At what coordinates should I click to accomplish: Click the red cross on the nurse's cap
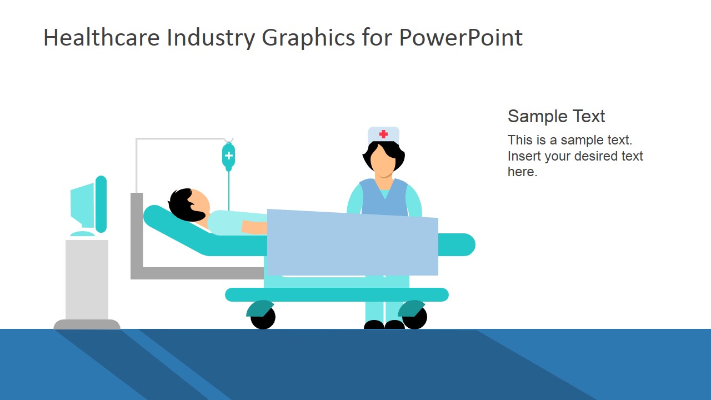coord(383,134)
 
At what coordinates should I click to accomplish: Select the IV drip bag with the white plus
coord(228,156)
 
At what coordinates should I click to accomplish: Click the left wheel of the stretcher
coord(263,317)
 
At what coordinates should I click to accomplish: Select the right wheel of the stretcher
coord(415,317)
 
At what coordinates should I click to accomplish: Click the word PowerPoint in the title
coord(460,38)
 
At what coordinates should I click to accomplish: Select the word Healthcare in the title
coord(102,38)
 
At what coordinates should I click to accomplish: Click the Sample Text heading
coord(556,116)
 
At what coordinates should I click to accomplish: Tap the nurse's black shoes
coord(384,324)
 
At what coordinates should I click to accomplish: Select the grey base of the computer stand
coord(87,324)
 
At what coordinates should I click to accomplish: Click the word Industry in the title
coord(211,38)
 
